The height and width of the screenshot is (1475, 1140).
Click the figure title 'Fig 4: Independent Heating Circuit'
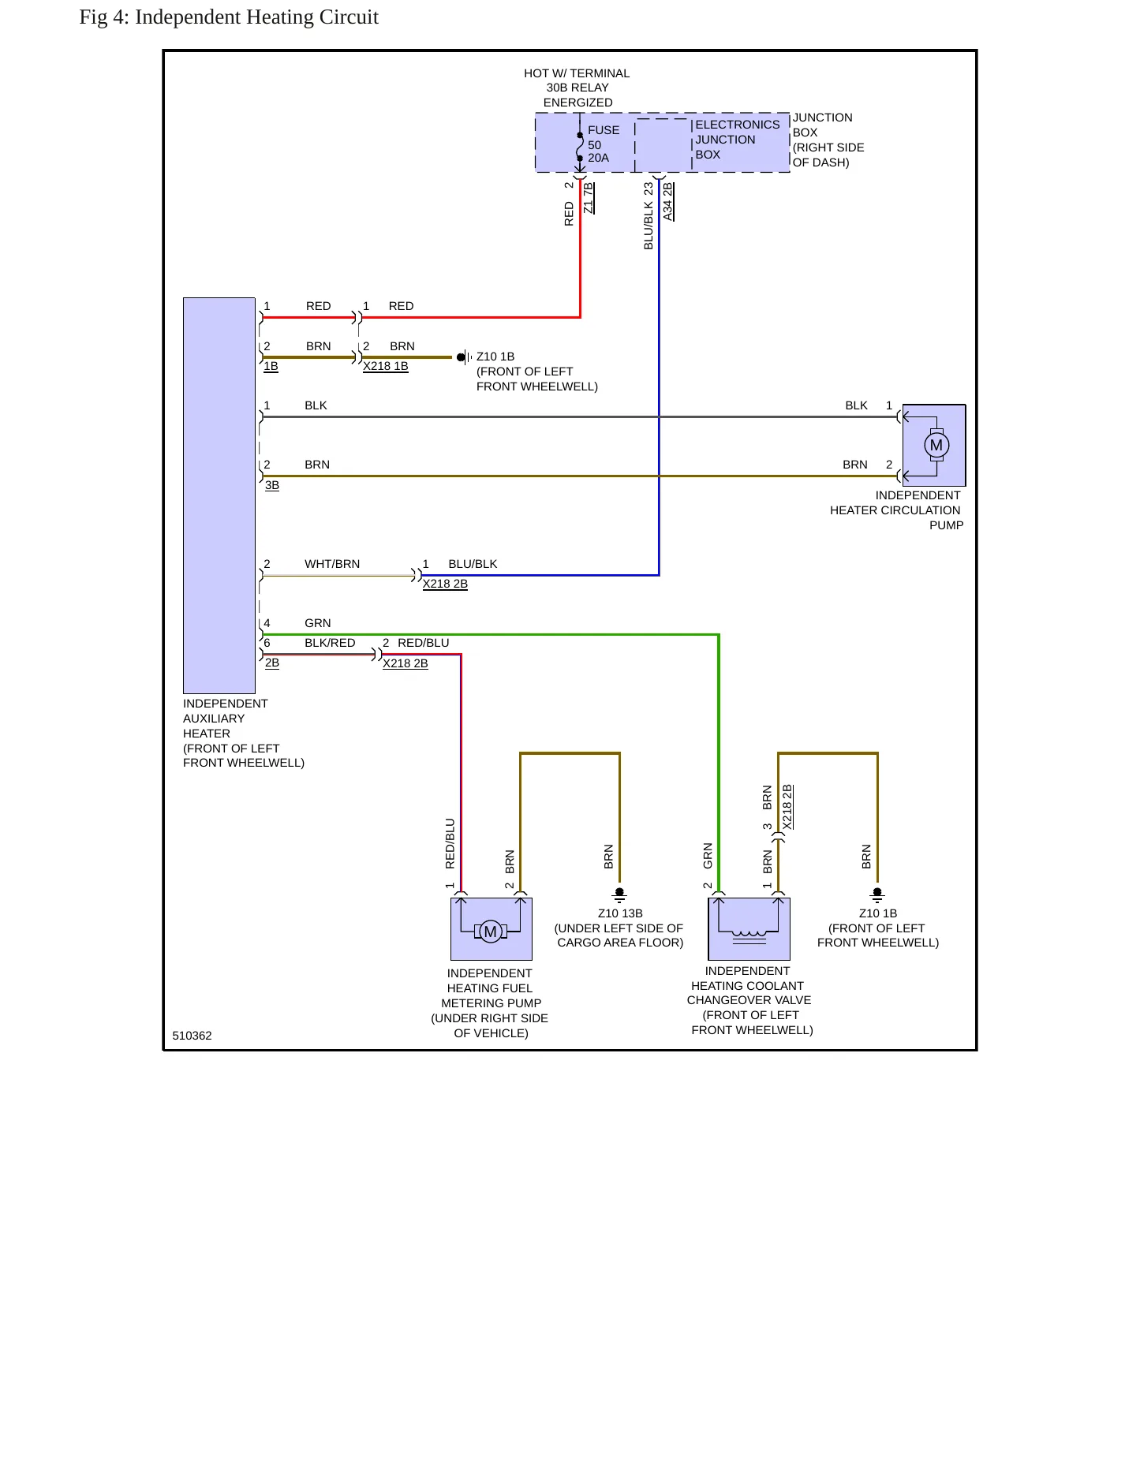tap(229, 17)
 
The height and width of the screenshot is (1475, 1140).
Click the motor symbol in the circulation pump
tap(936, 445)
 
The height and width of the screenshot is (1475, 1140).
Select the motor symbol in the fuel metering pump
tap(490, 932)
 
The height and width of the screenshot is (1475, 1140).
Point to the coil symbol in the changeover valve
tap(749, 935)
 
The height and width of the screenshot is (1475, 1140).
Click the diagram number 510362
tap(192, 1036)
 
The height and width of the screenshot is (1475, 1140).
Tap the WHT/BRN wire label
tap(332, 564)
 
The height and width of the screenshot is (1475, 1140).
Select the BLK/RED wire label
tap(330, 643)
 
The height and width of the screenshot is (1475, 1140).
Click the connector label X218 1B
tap(386, 366)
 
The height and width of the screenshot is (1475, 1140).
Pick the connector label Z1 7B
tap(588, 198)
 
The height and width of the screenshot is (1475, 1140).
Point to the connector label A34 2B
tap(667, 202)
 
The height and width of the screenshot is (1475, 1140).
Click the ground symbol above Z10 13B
tap(619, 894)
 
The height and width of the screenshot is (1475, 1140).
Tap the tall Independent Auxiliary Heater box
tap(219, 495)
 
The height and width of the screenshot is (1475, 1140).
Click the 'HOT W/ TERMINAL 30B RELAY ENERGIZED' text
tap(577, 88)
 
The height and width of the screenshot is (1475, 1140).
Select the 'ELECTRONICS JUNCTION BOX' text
tap(737, 140)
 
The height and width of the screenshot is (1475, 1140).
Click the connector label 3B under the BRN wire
tap(272, 485)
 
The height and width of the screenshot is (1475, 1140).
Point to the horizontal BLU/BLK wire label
tap(473, 564)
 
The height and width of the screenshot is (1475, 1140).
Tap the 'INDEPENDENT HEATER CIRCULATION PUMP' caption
tap(896, 510)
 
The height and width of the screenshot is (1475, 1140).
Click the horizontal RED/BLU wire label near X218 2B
tap(424, 643)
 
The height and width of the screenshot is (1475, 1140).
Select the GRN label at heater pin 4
tap(318, 623)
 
